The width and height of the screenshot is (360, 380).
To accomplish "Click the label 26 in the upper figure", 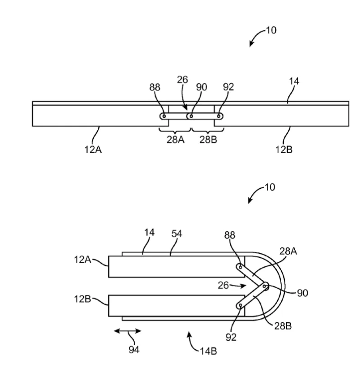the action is [182, 80].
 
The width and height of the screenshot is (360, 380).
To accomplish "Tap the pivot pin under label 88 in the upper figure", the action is [164, 116].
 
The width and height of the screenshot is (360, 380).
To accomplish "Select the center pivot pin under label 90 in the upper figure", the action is [191, 116].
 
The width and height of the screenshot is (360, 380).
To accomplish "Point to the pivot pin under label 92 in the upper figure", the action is [219, 116].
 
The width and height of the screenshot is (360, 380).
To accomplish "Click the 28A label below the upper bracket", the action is [175, 140].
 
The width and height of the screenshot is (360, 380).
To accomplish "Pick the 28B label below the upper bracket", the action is [208, 140].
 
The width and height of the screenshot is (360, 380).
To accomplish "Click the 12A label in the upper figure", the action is [93, 150].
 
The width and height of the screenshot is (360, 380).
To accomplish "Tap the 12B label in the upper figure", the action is [284, 150].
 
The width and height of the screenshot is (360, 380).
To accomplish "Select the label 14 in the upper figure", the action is [294, 81].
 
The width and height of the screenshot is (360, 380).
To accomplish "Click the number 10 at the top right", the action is [271, 30].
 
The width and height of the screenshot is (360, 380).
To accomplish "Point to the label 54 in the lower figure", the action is [177, 233].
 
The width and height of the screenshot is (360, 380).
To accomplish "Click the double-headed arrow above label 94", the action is [128, 331].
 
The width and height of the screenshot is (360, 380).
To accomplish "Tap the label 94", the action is [134, 350].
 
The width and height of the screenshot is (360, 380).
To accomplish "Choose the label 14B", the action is [208, 351].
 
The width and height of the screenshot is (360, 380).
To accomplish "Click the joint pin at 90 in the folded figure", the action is [265, 286].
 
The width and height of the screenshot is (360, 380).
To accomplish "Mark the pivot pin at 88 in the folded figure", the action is [240, 267].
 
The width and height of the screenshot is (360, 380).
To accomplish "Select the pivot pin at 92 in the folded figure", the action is [240, 306].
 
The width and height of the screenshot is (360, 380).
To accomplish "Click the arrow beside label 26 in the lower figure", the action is [237, 286].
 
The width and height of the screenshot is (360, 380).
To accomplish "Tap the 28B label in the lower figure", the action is [283, 326].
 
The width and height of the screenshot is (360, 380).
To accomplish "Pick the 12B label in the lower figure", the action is [82, 299].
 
